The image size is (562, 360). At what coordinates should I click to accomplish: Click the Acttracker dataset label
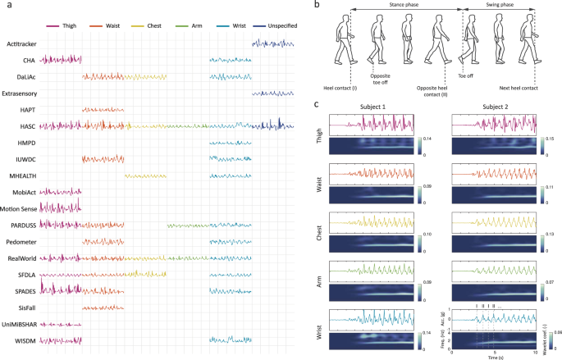19,43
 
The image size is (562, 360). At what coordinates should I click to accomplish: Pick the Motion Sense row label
21,207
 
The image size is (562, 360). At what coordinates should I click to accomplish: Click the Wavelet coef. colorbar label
551,332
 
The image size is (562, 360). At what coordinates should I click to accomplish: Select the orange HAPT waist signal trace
103,110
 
